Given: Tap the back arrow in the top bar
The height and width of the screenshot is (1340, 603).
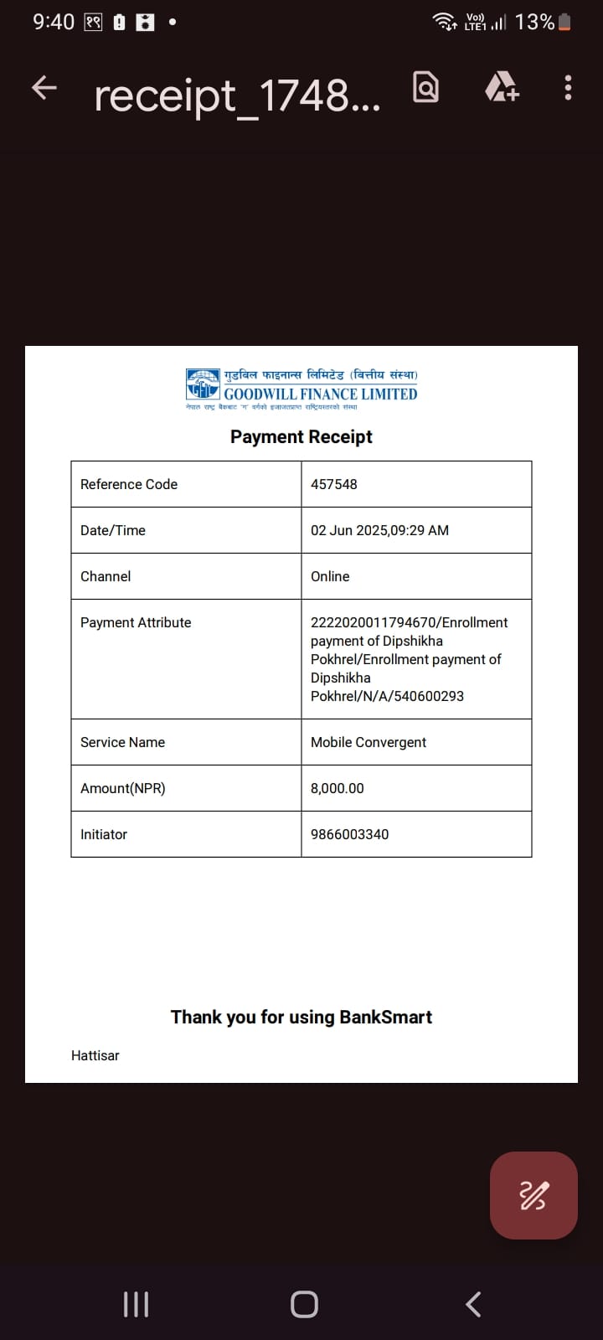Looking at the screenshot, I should (x=44, y=88).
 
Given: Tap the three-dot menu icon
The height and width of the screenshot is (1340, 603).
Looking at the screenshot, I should (x=568, y=88).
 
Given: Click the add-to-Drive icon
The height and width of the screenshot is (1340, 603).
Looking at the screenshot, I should (x=502, y=86).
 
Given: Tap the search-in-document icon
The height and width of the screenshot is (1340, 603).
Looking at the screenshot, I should (x=425, y=87).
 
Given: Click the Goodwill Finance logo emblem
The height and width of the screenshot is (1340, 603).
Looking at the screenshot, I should (x=203, y=384).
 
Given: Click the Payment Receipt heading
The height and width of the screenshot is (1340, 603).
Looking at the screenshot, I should (x=301, y=436).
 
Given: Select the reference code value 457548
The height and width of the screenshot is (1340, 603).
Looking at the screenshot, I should (x=334, y=484).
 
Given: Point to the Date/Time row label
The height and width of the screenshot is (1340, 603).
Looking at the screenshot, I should (x=113, y=530).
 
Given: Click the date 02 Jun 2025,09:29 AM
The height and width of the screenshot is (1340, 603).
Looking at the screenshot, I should (x=379, y=530).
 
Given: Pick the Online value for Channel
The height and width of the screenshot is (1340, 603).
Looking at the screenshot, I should (x=330, y=576).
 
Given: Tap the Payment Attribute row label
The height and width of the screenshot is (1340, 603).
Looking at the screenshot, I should (x=136, y=622).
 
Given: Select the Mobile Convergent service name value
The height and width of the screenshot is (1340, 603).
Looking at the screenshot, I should (x=368, y=742).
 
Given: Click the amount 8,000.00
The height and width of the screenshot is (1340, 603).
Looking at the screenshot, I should (x=338, y=788).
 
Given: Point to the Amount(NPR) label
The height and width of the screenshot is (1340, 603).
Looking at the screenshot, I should (x=123, y=788).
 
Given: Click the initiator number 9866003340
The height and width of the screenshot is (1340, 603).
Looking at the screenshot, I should (x=349, y=834).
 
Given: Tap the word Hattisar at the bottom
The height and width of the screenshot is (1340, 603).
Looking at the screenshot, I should (x=95, y=1055).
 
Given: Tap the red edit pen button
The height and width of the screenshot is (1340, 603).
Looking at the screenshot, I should (x=533, y=1195).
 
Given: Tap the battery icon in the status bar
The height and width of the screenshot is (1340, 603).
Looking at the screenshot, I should (x=564, y=22).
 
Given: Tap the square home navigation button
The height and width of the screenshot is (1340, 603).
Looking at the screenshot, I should (x=304, y=1304).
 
